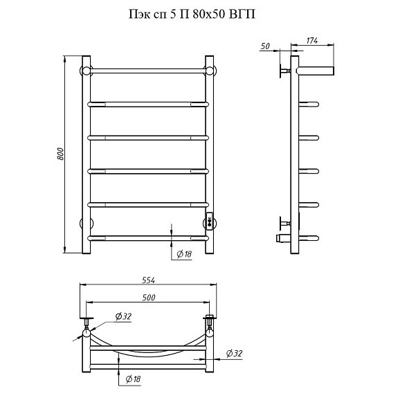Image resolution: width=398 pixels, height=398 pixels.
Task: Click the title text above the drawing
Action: point(192,15)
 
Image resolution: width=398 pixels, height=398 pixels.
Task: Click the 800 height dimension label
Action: point(60,154)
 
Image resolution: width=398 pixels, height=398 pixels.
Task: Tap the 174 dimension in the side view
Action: point(312,40)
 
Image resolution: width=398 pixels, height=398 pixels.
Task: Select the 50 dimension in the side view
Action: point(265,46)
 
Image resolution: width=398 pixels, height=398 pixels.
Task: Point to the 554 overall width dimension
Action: point(148,280)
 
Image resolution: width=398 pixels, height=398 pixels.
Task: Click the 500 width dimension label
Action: point(149,298)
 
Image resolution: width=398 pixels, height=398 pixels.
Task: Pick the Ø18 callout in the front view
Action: point(184,254)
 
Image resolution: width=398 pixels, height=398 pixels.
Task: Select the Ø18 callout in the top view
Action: point(133,379)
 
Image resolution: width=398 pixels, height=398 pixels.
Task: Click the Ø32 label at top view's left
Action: point(123,316)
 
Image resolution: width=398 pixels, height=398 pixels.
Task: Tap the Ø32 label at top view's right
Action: point(234,353)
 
